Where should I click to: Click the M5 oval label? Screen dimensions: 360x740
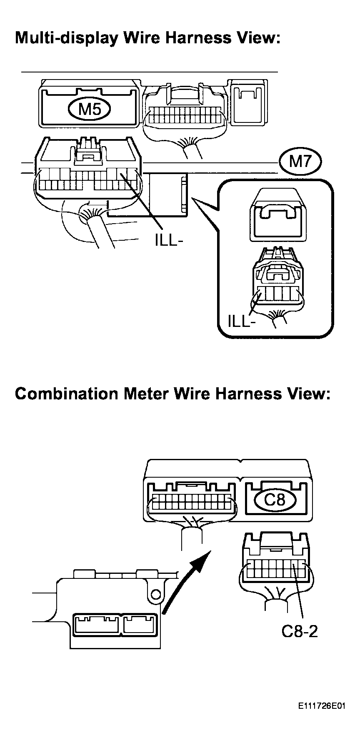90,109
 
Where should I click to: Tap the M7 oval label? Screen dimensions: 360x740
300,161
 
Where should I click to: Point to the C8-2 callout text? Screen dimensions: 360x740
300,631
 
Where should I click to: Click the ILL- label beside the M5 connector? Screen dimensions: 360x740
169,241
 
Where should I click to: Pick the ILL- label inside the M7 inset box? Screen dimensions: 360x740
242,321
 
